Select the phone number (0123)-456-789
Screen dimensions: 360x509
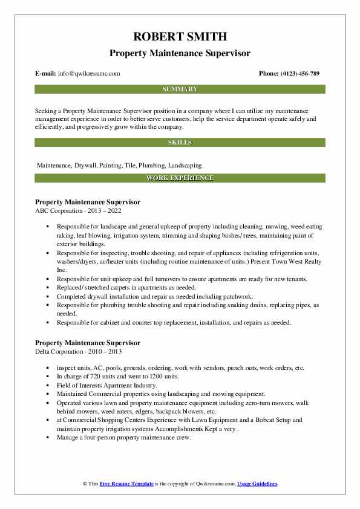301,74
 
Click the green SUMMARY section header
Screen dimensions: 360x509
180,89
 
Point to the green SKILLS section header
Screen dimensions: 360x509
180,143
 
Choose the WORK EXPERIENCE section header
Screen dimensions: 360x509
180,178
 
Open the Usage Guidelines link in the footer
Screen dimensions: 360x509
257,484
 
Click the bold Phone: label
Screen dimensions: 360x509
269,74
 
